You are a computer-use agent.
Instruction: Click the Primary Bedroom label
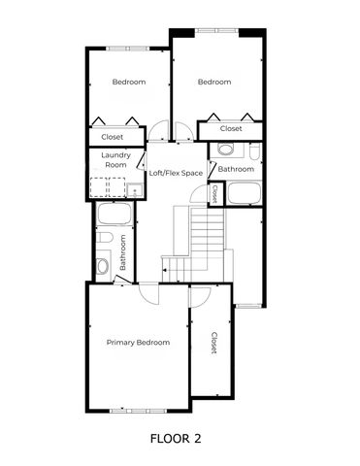(138, 343)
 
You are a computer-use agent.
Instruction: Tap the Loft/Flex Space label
(176, 174)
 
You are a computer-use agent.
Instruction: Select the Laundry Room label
(116, 160)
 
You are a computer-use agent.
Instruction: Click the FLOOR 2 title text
(176, 439)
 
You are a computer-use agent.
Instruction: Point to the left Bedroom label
(128, 83)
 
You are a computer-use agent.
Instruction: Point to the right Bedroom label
(214, 83)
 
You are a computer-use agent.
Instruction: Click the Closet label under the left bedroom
(113, 137)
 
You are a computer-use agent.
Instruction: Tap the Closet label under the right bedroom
(231, 128)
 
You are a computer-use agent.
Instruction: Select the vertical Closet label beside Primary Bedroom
(213, 343)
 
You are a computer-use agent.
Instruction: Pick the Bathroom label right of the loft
(235, 169)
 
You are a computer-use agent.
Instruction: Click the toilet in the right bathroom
(225, 150)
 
